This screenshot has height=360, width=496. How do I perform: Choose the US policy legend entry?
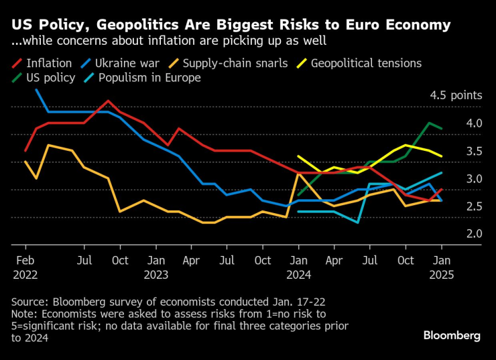(44, 78)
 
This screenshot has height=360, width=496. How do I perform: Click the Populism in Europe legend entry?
(141, 78)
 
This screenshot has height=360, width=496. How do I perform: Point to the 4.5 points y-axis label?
(456, 95)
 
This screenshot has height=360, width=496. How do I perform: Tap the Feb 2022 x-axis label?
(25, 266)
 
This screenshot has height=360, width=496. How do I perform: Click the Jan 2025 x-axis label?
(441, 266)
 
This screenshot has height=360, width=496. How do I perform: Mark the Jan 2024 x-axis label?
(298, 266)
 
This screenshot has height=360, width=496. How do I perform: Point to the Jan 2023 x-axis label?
(156, 266)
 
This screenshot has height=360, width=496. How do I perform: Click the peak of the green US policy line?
(428, 123)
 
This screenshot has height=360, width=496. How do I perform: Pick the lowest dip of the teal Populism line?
(357, 222)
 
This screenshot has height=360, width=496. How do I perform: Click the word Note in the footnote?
(23, 313)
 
